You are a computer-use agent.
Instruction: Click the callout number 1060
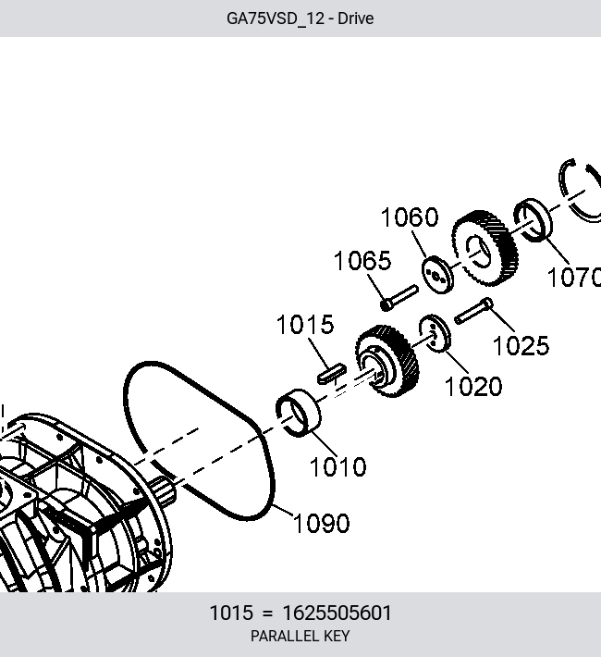[410, 217]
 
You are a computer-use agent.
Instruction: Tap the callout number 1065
[362, 261]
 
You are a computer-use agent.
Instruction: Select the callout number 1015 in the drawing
[305, 325]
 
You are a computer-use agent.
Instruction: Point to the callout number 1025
[521, 346]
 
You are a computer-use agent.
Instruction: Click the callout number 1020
[473, 386]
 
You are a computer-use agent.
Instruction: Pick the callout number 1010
[338, 466]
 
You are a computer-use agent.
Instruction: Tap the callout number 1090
[321, 524]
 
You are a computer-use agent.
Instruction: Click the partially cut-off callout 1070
[574, 278]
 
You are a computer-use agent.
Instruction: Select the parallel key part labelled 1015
[332, 373]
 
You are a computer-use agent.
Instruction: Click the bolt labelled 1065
[399, 298]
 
